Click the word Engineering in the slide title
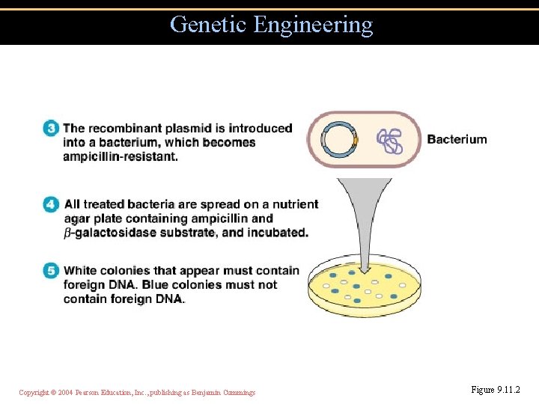coord(313,25)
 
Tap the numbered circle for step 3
coord(51,129)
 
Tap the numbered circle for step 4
coord(51,204)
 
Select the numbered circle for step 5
coord(51,271)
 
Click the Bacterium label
coord(457,139)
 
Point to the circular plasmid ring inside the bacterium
coord(339,139)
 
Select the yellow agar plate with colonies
coord(365,288)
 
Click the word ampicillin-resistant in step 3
coord(121,156)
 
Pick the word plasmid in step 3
coord(202,129)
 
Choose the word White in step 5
coord(80,271)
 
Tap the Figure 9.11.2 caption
coord(495,390)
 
